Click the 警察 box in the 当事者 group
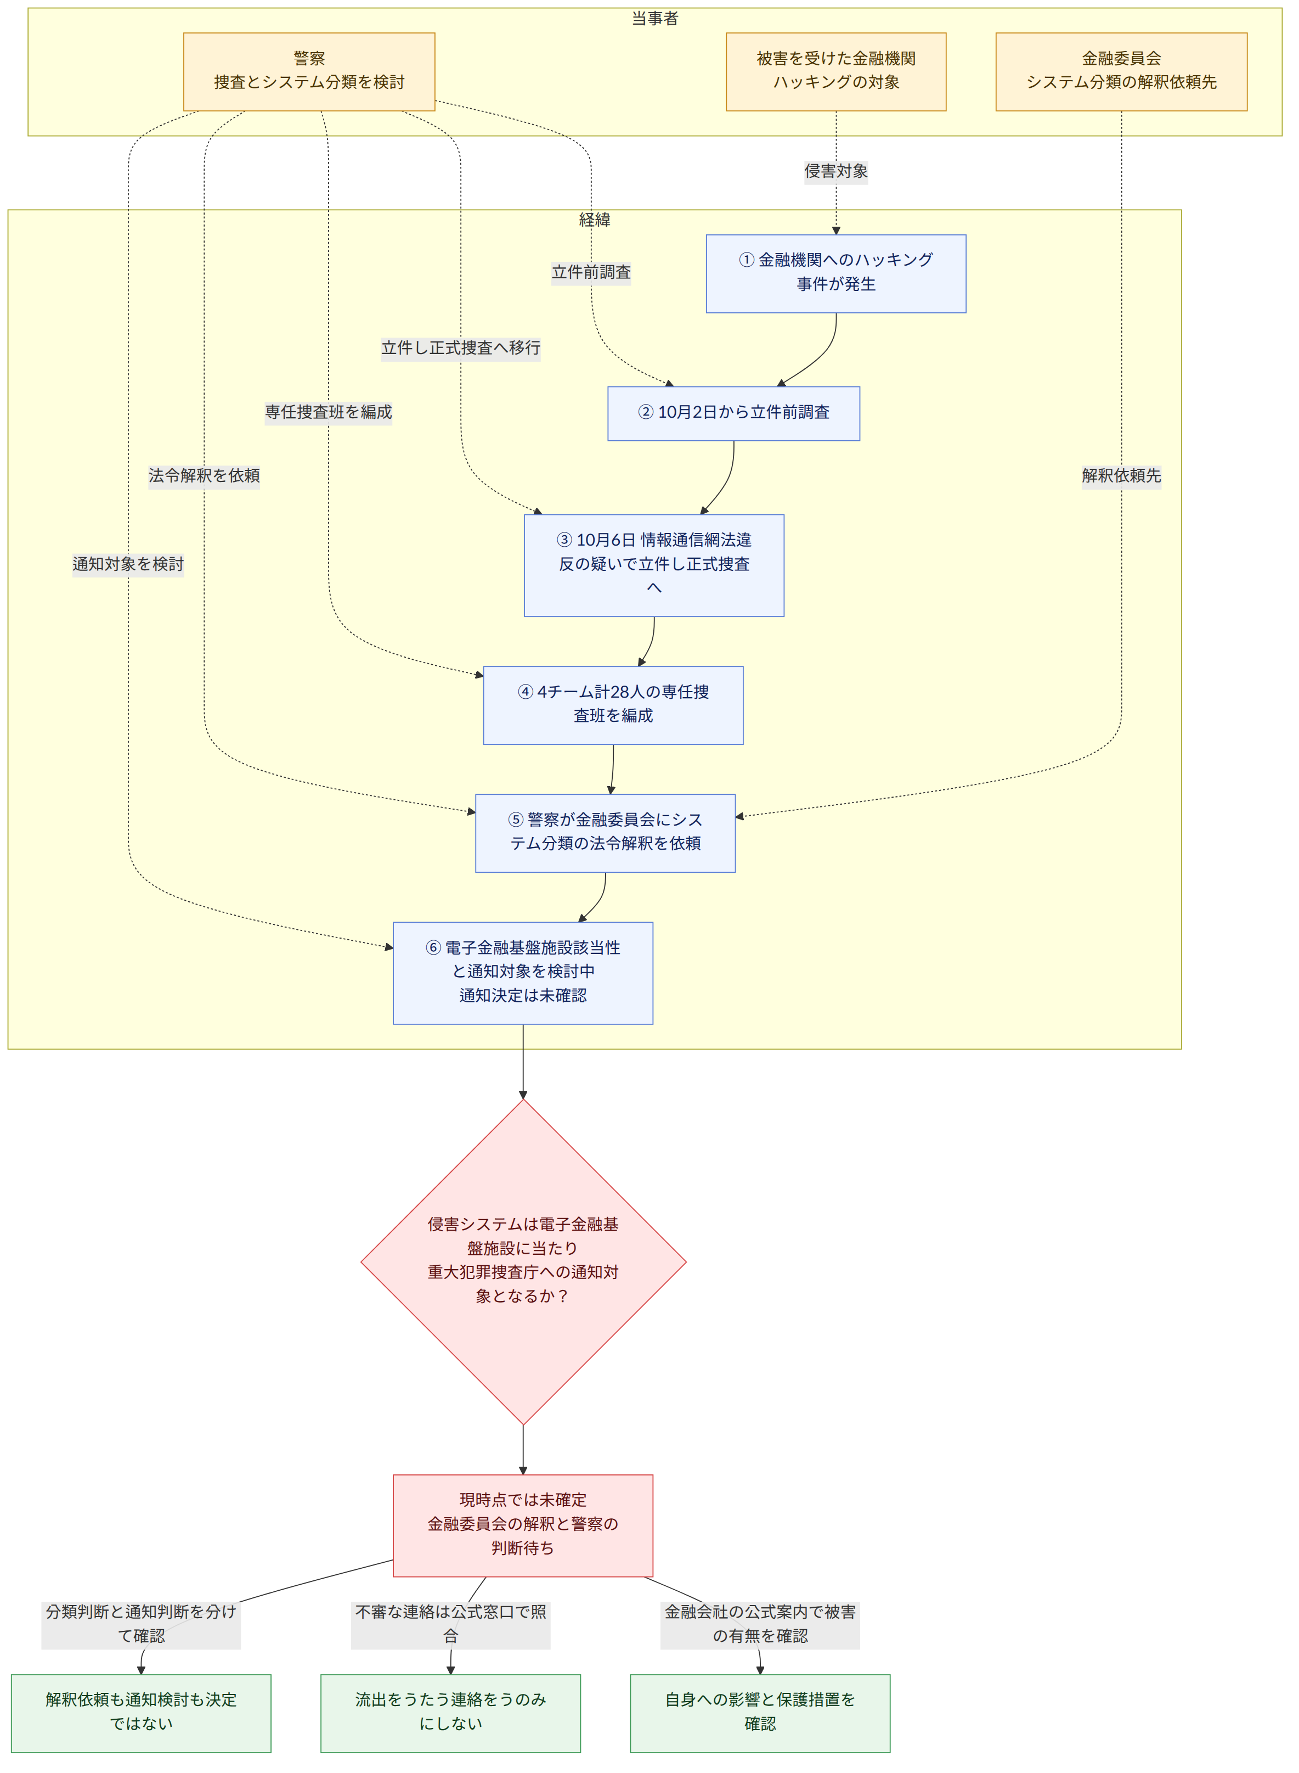pyautogui.click(x=309, y=71)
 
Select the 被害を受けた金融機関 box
pyautogui.click(x=836, y=71)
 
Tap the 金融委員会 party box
pyautogui.click(x=1121, y=71)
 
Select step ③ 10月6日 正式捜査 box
pyautogui.click(x=654, y=565)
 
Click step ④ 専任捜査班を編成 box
pyautogui.click(x=613, y=705)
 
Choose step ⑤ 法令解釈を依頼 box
pyautogui.click(x=606, y=833)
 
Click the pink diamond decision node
pyautogui.click(x=523, y=1262)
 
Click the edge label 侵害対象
pyautogui.click(x=836, y=171)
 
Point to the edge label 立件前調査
pyautogui.click(x=591, y=272)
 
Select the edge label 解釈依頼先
pyautogui.click(x=1121, y=476)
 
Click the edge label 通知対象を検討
pyautogui.click(x=128, y=564)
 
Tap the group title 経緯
pyautogui.click(x=595, y=220)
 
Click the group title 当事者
pyautogui.click(x=655, y=18)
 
